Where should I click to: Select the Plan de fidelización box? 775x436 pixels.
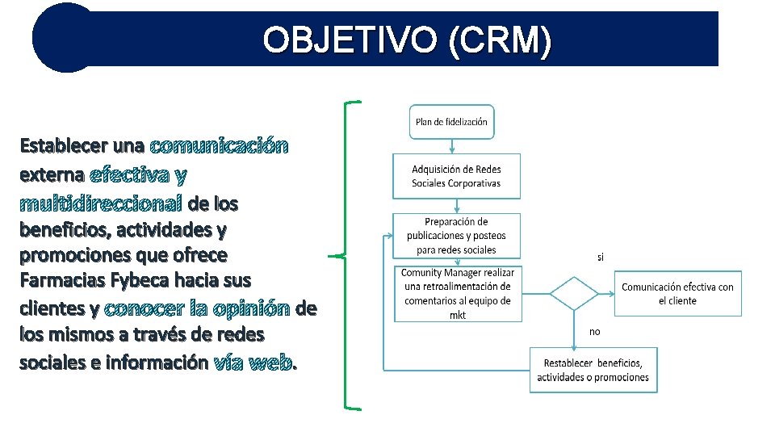[x=451, y=122]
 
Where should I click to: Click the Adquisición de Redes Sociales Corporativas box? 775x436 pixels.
[x=456, y=176]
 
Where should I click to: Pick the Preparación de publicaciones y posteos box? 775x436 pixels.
[x=456, y=236]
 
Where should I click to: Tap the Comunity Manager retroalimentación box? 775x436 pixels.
[x=458, y=294]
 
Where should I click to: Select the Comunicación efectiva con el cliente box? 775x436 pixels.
[x=677, y=293]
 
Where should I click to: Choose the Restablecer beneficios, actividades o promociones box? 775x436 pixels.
[x=593, y=370]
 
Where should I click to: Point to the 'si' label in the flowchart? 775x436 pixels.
[x=600, y=258]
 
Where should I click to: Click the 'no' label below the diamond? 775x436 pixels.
[x=595, y=331]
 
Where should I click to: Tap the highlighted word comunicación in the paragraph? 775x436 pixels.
[x=219, y=146]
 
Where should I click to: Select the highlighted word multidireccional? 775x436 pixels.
[x=101, y=202]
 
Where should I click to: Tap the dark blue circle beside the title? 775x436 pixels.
[x=65, y=37]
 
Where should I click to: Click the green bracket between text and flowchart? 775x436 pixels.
[x=346, y=255]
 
